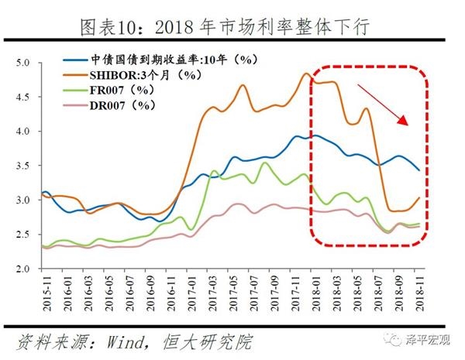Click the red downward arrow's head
[407, 122]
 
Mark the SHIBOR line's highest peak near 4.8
[305, 74]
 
